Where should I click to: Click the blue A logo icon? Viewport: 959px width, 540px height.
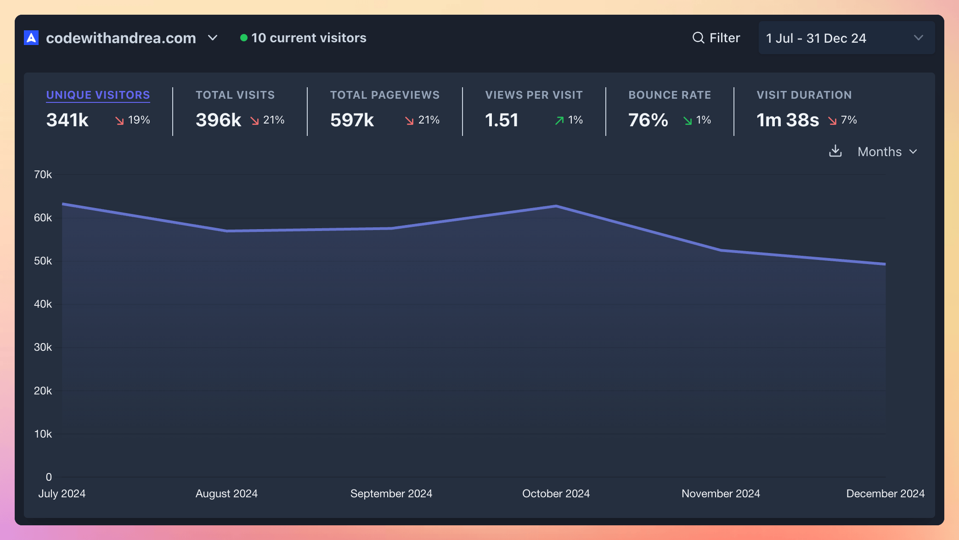tap(31, 38)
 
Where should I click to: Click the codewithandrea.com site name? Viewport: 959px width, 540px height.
tap(121, 38)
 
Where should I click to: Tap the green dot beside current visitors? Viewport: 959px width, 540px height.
tap(244, 38)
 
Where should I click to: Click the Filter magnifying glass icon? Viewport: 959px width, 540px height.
tap(698, 38)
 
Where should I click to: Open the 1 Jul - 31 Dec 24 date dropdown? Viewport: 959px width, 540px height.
tap(846, 38)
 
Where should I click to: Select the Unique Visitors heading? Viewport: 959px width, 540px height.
tap(98, 95)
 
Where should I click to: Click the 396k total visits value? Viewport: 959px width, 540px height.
tap(218, 120)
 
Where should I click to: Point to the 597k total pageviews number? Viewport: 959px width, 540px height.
tap(352, 120)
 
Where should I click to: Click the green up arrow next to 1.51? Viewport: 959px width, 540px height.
tap(559, 120)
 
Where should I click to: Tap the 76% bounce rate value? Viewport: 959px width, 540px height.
tap(648, 120)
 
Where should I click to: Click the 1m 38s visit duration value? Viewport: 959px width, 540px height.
tap(787, 120)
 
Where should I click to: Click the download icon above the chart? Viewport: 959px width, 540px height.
tap(835, 151)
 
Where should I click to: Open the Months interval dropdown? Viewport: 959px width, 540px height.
tap(887, 152)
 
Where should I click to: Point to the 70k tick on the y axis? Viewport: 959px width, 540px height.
tap(43, 174)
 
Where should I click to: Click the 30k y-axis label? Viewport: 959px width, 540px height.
tap(43, 347)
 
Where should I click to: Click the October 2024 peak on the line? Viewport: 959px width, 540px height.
tap(556, 206)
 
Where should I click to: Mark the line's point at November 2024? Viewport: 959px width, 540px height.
tap(721, 250)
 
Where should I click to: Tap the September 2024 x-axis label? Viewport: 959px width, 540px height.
tap(391, 494)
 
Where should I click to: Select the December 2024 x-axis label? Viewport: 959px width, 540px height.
tap(885, 494)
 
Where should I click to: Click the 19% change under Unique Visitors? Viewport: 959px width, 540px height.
tap(139, 120)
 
